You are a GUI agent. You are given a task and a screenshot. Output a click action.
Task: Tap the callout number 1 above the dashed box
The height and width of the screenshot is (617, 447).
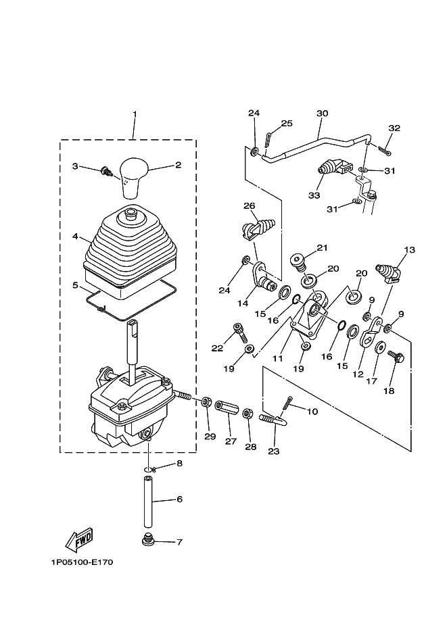click(x=135, y=114)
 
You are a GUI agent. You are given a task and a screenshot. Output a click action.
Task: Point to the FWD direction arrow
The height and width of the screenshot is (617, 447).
click(x=79, y=539)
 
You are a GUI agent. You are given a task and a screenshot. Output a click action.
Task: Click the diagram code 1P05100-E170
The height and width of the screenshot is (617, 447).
click(x=80, y=562)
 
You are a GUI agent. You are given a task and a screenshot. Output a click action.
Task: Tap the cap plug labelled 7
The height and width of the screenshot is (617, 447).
click(x=147, y=541)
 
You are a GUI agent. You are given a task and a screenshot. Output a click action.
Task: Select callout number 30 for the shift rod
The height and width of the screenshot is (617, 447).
click(x=322, y=114)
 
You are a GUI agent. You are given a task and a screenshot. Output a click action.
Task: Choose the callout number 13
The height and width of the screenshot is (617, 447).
click(x=409, y=250)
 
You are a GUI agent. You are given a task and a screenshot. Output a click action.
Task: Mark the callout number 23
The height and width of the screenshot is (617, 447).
click(x=273, y=451)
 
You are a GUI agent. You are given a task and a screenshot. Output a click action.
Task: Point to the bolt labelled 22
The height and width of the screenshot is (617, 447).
click(x=241, y=332)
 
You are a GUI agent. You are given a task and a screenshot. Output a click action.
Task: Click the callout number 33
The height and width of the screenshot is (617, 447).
click(x=314, y=195)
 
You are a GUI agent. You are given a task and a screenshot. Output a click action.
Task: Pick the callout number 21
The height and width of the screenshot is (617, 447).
click(x=321, y=247)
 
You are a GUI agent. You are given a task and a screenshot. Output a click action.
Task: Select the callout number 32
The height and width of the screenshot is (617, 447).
click(x=394, y=128)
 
